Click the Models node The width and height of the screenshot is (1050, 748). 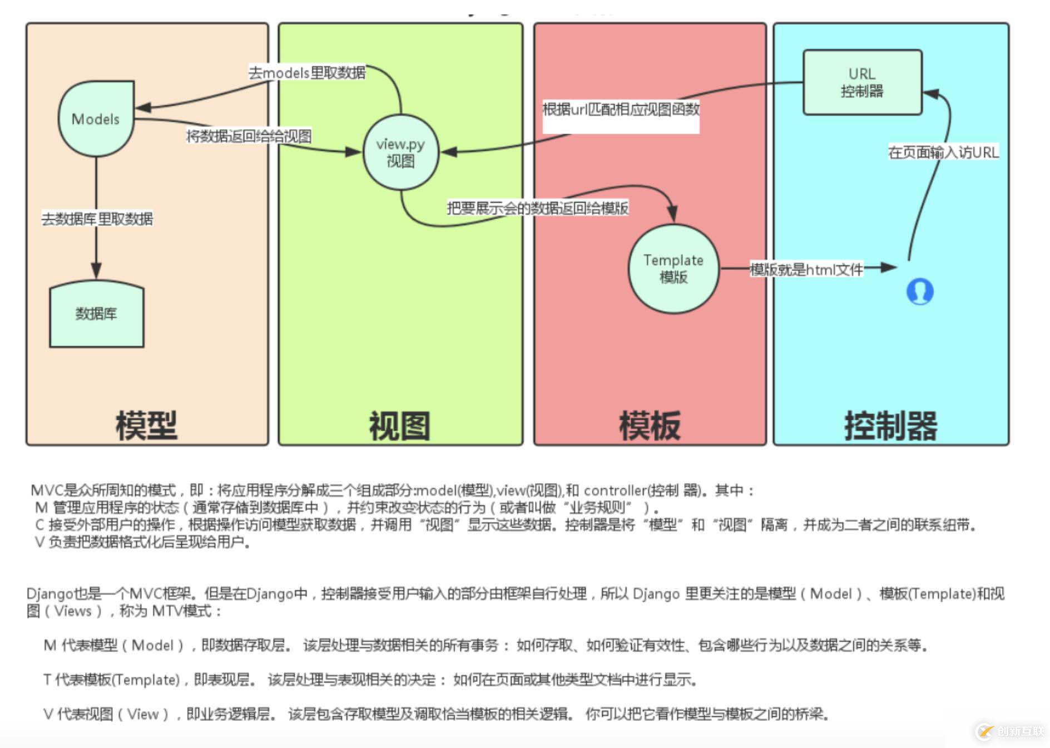point(96,119)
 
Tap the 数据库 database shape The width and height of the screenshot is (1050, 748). point(96,314)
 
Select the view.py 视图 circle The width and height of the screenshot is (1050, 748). point(400,152)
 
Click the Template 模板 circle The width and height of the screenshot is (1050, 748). point(673,268)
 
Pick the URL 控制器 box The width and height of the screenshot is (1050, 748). point(862,82)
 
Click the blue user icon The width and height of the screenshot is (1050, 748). point(920,291)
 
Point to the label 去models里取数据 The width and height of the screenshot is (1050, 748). point(307,73)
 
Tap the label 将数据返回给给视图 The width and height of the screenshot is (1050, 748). point(249,136)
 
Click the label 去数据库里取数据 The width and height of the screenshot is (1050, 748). point(97,219)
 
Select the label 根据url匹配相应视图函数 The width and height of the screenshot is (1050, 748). point(621,110)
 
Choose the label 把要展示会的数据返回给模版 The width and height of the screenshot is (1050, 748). point(538,209)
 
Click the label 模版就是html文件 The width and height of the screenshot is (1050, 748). point(806,270)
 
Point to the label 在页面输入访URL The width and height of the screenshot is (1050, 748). point(943,152)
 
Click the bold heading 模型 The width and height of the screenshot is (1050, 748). point(146,426)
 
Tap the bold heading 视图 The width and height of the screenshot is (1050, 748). point(400,426)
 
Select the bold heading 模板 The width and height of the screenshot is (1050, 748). point(650,426)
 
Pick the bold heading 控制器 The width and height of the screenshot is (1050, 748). point(890,426)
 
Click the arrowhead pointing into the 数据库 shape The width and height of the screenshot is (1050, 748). point(96,272)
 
